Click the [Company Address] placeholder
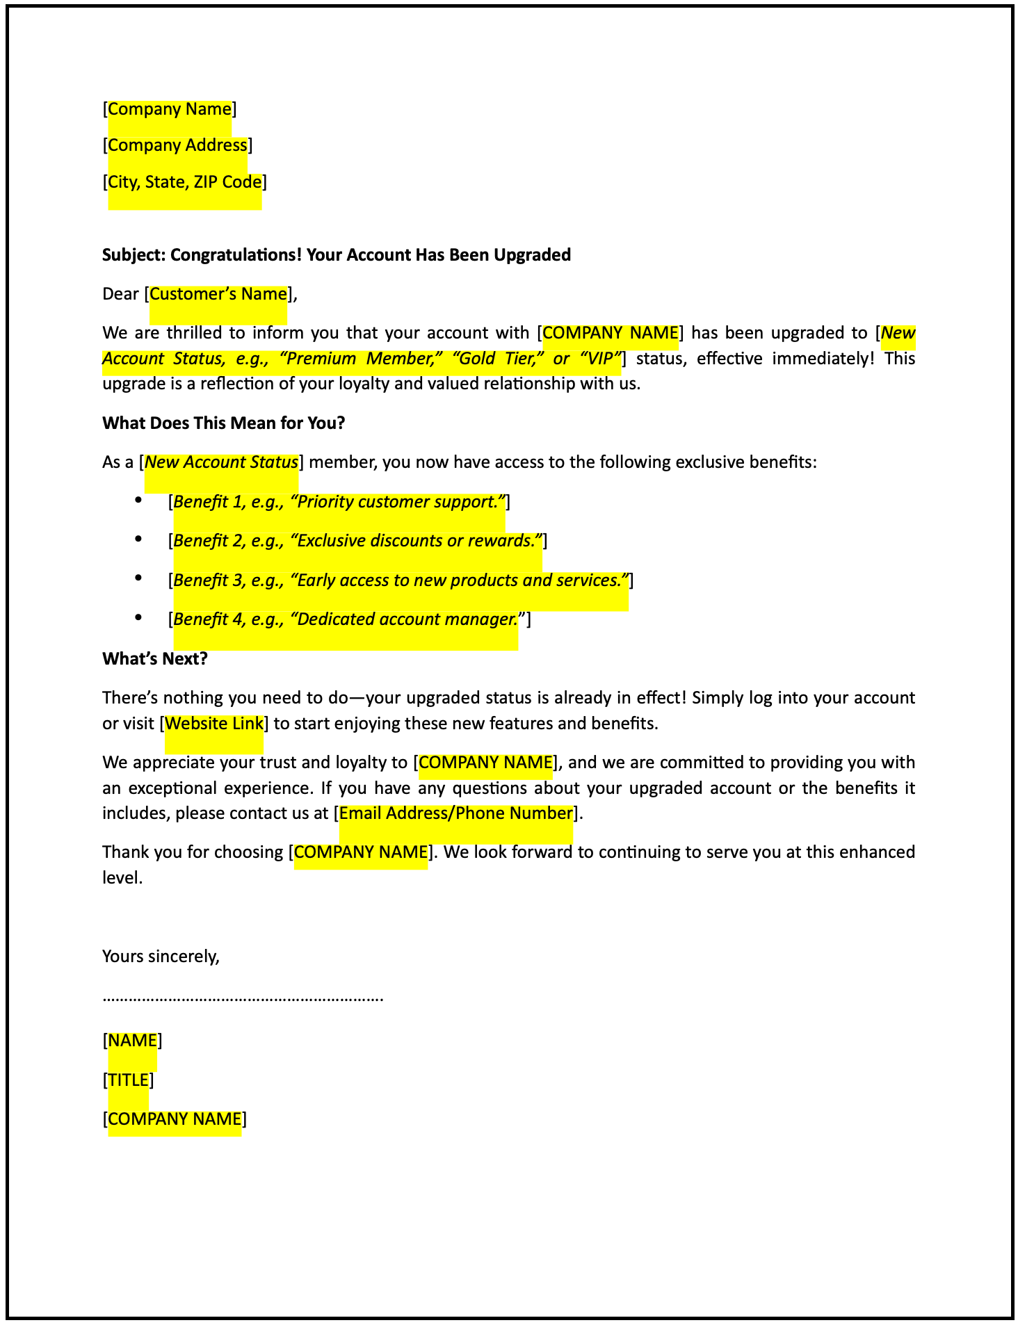point(177,145)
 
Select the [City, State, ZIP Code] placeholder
point(185,182)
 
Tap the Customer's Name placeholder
point(218,294)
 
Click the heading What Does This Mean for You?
point(223,423)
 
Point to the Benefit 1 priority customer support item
point(339,502)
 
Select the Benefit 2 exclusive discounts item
point(357,541)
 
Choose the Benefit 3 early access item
point(401,580)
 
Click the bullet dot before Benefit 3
point(139,578)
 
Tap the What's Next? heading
point(154,659)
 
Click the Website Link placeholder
point(214,724)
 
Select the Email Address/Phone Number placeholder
point(455,813)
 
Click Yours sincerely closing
point(161,957)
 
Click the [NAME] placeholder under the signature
point(132,1041)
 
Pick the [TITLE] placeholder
point(128,1080)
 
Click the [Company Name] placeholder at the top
point(170,109)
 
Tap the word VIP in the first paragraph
point(599,359)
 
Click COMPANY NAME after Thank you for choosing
point(361,852)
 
